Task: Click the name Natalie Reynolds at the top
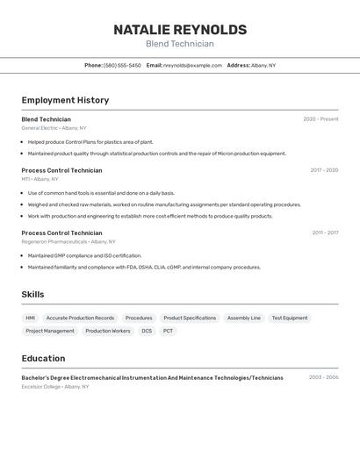coord(180,30)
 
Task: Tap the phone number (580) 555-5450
coord(122,65)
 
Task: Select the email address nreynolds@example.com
coord(192,65)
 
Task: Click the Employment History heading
coord(65,100)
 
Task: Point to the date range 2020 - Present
coord(320,119)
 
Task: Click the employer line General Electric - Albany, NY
coord(54,128)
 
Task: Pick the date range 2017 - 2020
coord(324,170)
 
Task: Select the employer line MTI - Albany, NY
coord(40,179)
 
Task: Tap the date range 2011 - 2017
coord(325,232)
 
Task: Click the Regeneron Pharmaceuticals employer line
coord(68,241)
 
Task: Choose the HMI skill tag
coord(31,318)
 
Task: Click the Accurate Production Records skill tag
coord(80,318)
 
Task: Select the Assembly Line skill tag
coord(244,318)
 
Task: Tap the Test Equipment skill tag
coord(290,318)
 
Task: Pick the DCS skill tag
coord(147,331)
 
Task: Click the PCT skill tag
coord(168,331)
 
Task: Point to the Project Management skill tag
coord(50,331)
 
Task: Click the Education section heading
coord(43,358)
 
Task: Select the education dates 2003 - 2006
coord(323,377)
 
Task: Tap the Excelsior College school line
coord(54,386)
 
